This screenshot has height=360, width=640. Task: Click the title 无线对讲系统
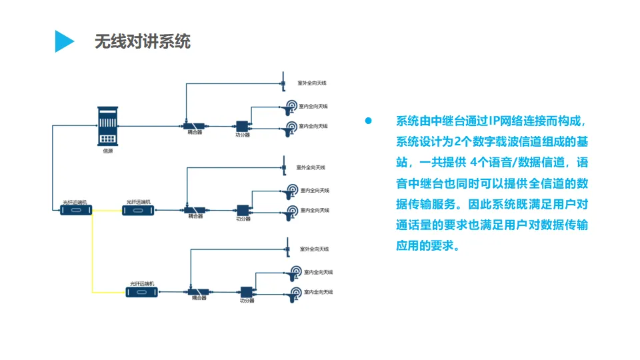(x=142, y=41)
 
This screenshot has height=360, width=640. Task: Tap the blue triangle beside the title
(x=64, y=41)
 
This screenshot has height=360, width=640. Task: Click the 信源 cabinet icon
(x=107, y=125)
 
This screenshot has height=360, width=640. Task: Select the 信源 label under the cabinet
(x=107, y=151)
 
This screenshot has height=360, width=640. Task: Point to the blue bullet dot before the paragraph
(x=367, y=121)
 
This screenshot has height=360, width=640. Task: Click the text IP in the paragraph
(x=495, y=121)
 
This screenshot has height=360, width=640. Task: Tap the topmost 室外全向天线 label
(x=313, y=84)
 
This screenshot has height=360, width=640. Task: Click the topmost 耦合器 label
(x=195, y=133)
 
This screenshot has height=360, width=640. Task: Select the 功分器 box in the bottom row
(x=247, y=292)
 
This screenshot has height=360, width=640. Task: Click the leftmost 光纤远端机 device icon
(x=75, y=211)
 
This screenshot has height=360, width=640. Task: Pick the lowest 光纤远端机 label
(x=141, y=283)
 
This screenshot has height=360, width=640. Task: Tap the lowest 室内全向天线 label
(x=318, y=292)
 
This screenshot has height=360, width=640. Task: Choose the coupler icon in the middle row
(x=195, y=209)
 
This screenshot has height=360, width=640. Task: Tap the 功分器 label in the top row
(x=243, y=135)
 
